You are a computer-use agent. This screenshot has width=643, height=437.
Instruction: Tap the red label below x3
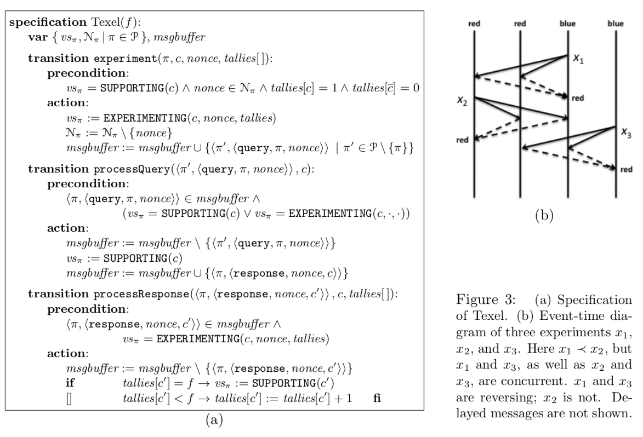click(x=626, y=170)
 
